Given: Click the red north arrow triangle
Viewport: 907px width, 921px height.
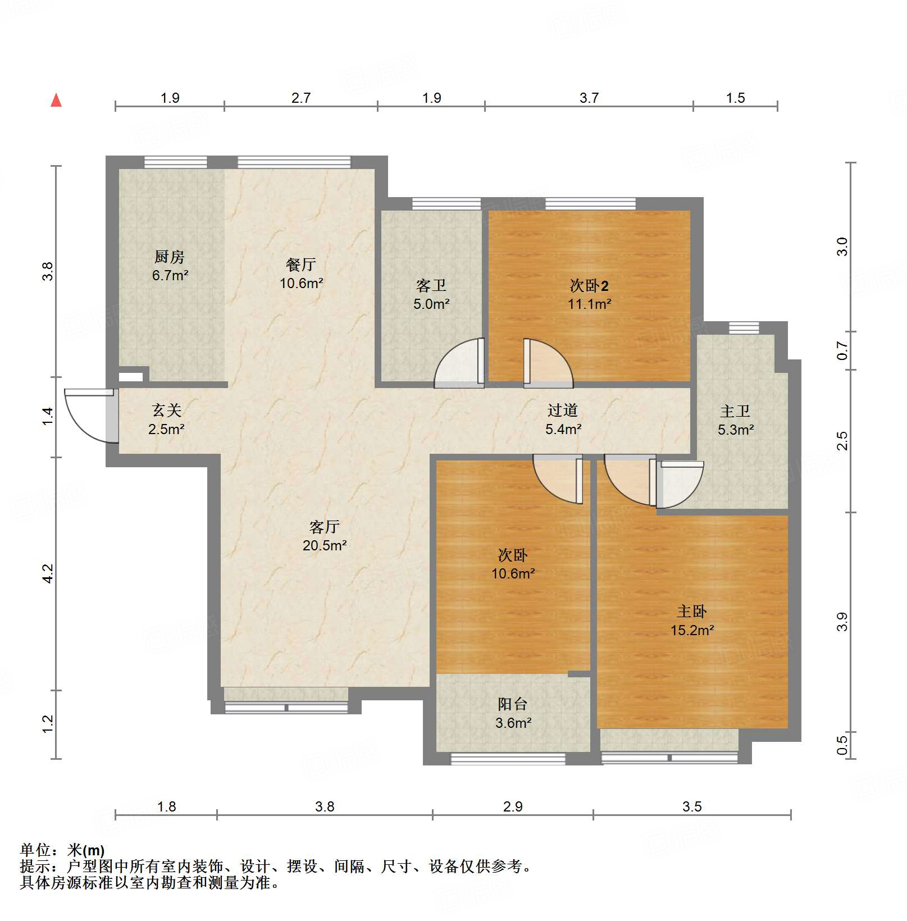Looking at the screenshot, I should (56, 101).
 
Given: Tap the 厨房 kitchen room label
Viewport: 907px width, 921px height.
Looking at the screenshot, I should (170, 257).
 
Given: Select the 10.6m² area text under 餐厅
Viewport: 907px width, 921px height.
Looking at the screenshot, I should (302, 283).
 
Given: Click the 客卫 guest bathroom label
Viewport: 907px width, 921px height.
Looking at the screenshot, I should (431, 286).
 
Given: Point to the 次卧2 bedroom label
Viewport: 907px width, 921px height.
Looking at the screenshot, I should (589, 286).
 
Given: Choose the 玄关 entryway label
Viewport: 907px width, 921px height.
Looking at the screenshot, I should (167, 411).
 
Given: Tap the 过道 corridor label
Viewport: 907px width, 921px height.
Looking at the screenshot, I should (563, 411).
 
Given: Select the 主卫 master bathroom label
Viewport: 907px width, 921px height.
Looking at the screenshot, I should (735, 412).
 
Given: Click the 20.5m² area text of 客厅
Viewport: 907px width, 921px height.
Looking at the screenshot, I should (325, 545).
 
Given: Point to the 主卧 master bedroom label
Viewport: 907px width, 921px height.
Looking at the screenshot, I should (692, 611).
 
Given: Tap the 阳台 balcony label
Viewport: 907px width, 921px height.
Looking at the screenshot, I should (513, 704).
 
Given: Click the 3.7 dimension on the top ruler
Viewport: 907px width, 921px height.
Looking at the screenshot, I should (589, 98).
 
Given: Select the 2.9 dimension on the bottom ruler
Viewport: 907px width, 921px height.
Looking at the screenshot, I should (513, 807).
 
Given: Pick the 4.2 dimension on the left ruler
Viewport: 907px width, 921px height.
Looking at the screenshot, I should (48, 573).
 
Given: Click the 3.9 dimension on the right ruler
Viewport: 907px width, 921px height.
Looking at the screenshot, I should (842, 622).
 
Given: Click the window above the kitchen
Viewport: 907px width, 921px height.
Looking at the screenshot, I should (176, 162).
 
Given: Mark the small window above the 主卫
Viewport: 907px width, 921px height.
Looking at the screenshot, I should (744, 328).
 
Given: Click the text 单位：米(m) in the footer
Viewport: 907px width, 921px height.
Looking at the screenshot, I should (62, 850).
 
